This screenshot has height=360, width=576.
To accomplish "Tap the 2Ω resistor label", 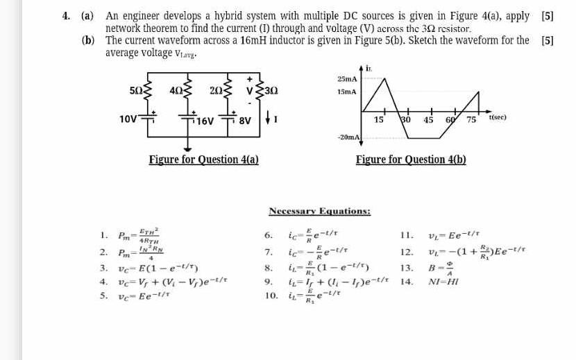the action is (x=214, y=90).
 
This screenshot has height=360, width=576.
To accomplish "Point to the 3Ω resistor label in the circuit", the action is (x=271, y=90).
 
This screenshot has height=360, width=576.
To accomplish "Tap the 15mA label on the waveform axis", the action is (x=347, y=91).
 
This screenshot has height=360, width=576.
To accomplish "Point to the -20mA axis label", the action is (x=348, y=138).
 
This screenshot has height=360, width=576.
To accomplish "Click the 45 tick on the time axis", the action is (x=428, y=120).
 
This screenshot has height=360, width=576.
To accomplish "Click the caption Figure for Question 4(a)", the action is (x=204, y=160).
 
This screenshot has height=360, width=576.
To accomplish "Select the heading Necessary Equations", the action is (x=319, y=211).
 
